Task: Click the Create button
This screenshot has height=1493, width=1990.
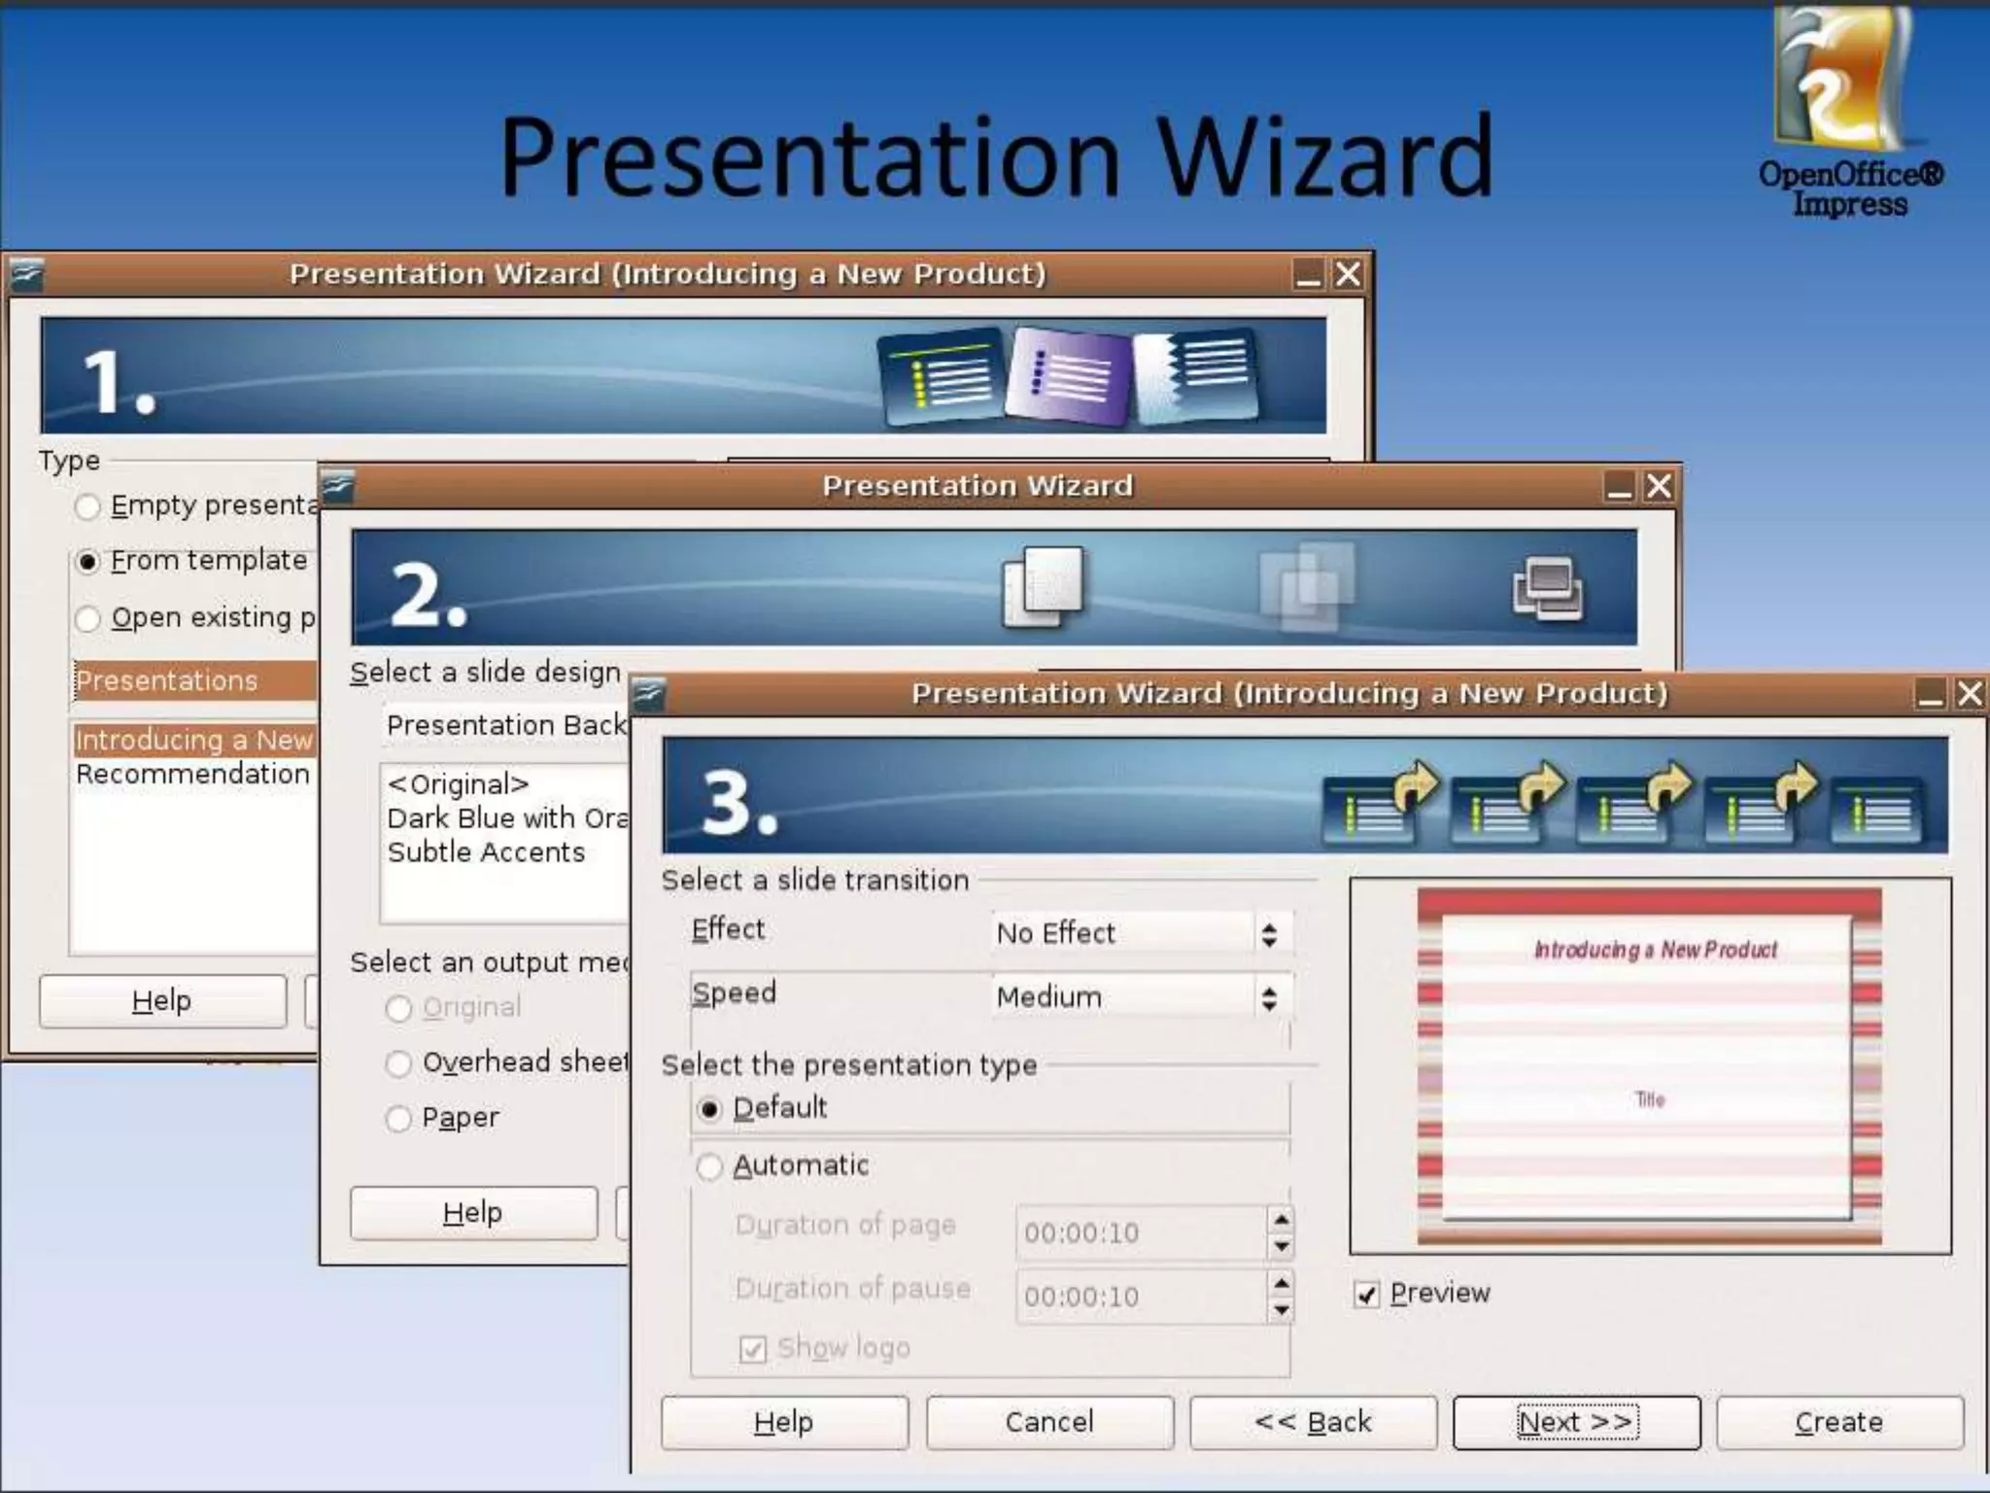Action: pos(1838,1422)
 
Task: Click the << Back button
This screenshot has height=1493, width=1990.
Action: pos(1313,1422)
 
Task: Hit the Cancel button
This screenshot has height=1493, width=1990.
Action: pos(1049,1422)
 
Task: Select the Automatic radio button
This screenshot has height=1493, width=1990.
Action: pos(710,1166)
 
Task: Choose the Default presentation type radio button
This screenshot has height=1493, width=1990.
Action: pos(710,1109)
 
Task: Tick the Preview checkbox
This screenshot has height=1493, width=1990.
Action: pos(1366,1295)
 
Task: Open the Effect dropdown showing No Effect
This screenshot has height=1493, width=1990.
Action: pos(1143,934)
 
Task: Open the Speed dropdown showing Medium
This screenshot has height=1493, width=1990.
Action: pos(1143,997)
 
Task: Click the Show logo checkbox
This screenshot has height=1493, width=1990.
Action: pos(753,1349)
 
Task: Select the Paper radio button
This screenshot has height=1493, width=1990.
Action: pos(398,1119)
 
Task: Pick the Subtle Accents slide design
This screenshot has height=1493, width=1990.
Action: pos(486,852)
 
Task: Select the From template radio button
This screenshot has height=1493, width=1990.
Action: pos(88,562)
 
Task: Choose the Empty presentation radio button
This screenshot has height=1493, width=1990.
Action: pos(88,506)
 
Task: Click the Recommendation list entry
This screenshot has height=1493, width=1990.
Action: pos(192,775)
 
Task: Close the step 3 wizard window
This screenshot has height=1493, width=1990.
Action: pos(1970,694)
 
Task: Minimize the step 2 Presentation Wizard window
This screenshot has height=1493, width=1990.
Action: pos(1619,486)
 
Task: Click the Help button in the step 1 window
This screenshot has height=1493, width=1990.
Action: pos(162,1000)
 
